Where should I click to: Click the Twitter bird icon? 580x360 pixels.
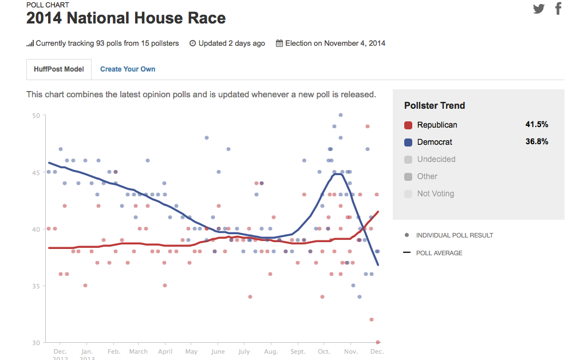[539, 9]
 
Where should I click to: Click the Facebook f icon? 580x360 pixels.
[558, 9]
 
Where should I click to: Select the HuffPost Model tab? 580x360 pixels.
[58, 69]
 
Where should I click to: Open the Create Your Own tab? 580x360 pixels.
[128, 69]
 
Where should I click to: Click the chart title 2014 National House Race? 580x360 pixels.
[126, 18]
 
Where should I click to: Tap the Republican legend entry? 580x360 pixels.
[437, 125]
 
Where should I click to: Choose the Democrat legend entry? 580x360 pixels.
[435, 142]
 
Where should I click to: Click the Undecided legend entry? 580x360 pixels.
[436, 159]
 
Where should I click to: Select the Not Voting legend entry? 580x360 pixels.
[435, 193]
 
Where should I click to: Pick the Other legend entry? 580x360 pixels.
[427, 176]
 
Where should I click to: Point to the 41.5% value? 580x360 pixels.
[536, 124]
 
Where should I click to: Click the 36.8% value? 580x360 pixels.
[536, 141]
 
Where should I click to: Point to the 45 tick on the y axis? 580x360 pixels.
[36, 172]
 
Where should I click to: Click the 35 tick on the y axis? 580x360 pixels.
[36, 286]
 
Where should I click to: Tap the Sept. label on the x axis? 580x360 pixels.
[298, 351]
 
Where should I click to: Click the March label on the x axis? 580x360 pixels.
[138, 351]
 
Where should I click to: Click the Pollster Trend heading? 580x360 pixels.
[435, 105]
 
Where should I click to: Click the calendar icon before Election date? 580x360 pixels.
[279, 43]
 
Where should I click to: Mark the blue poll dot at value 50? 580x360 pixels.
[340, 115]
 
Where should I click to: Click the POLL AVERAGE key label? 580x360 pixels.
[439, 253]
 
